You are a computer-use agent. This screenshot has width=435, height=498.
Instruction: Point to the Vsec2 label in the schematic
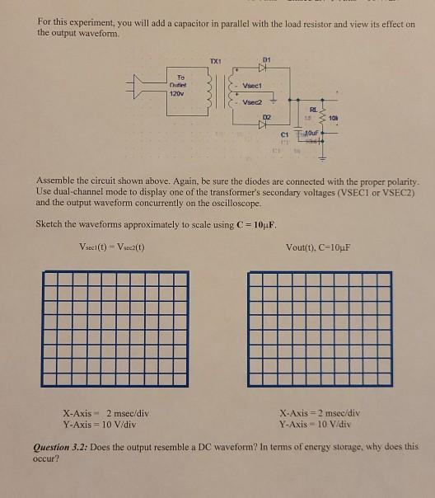(x=252, y=102)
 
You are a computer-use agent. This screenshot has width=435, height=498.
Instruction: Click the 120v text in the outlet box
(x=176, y=95)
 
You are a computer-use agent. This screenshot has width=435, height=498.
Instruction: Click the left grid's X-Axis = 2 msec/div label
(x=105, y=412)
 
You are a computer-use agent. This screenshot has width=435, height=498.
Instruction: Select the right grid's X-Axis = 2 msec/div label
(x=320, y=412)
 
